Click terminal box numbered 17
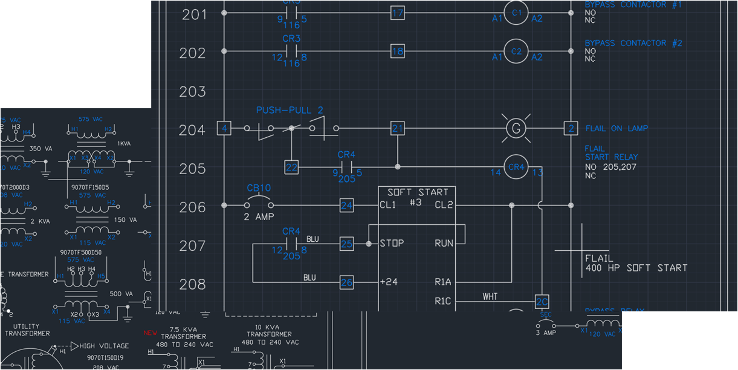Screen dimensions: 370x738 tap(397, 13)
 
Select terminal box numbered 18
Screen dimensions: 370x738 tap(397, 52)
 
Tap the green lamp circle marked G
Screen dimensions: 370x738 tap(516, 128)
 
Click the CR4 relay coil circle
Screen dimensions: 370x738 tap(516, 167)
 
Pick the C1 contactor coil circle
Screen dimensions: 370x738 tap(516, 13)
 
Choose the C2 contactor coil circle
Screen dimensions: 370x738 tap(516, 52)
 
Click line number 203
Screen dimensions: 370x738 tap(193, 92)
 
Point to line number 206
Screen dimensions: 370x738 tap(193, 207)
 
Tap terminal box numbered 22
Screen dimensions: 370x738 tap(291, 167)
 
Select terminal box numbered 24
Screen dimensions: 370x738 tap(346, 206)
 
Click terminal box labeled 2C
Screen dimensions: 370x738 tap(542, 302)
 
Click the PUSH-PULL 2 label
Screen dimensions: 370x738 tap(290, 110)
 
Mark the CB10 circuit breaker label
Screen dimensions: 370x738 tap(259, 188)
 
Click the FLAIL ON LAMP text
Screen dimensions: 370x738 tap(617, 128)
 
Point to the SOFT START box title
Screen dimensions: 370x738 tap(418, 192)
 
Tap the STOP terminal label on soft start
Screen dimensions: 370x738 tap(392, 244)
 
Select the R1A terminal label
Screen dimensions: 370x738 tap(442, 282)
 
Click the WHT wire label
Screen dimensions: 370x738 tap(490, 296)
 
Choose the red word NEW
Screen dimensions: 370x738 tap(151, 333)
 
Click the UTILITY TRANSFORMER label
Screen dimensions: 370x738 tap(27, 329)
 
